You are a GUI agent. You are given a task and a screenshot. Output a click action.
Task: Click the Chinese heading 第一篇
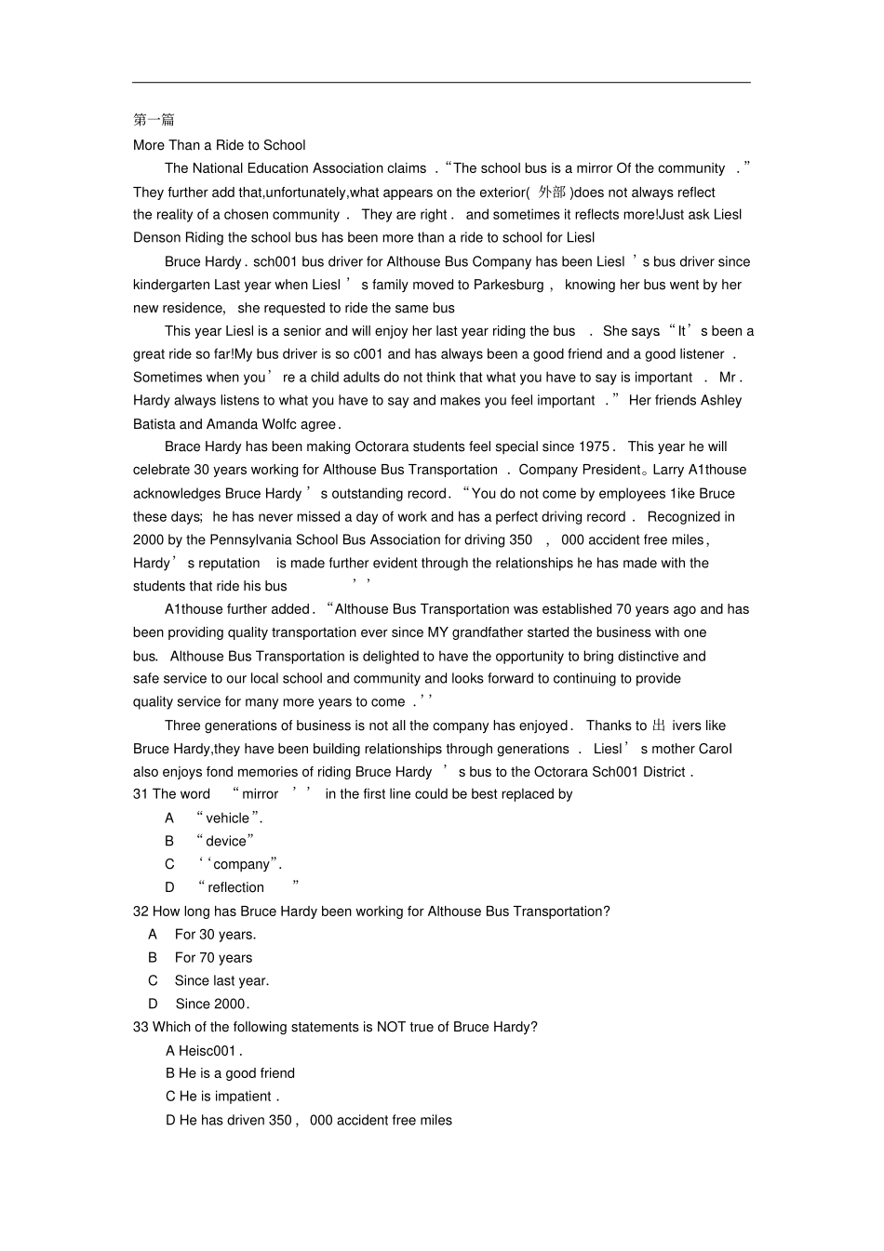click(x=154, y=120)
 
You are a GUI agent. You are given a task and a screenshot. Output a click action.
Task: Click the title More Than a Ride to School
click(x=219, y=145)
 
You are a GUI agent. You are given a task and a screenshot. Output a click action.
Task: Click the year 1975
click(x=594, y=446)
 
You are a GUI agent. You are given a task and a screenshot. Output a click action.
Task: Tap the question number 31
click(x=141, y=794)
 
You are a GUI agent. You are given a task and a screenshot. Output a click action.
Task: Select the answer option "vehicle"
click(x=228, y=818)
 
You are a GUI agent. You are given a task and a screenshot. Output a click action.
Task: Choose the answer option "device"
click(x=225, y=841)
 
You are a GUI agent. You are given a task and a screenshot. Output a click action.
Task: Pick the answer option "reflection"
click(x=235, y=887)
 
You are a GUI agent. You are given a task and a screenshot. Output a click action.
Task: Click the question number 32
click(x=141, y=912)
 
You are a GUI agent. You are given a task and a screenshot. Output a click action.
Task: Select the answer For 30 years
click(x=215, y=935)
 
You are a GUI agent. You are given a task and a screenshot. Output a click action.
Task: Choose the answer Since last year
click(x=221, y=980)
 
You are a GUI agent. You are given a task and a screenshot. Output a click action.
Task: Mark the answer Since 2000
click(x=211, y=1004)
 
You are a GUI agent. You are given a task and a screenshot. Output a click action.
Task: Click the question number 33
click(x=141, y=1027)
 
